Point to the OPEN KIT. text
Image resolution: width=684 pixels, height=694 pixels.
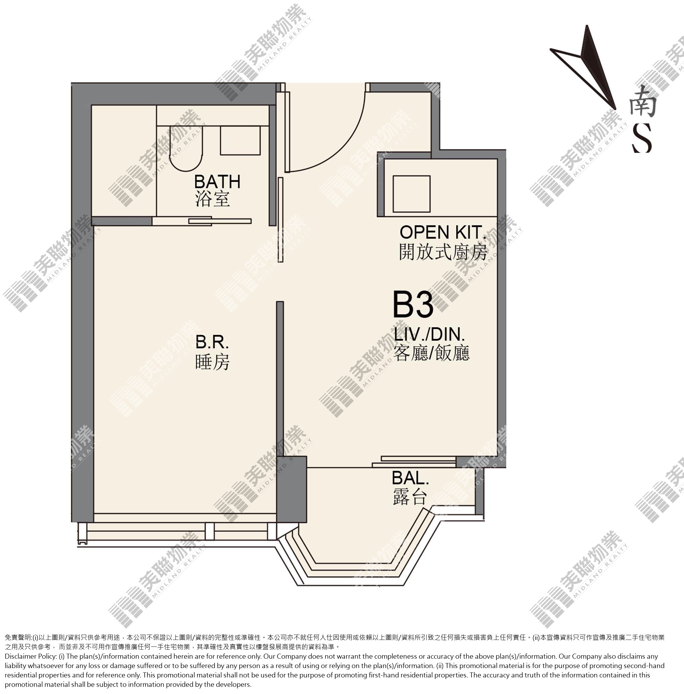(443, 232)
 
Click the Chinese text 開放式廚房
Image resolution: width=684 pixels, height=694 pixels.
(443, 252)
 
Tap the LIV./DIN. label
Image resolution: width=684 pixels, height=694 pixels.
(429, 334)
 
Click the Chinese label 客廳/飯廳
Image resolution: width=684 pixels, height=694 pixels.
(432, 353)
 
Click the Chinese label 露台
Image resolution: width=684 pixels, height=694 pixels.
(410, 497)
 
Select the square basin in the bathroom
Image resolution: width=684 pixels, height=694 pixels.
(240, 140)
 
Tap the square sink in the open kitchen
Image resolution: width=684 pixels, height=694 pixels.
(412, 194)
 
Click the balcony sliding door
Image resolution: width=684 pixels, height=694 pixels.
(414, 462)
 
